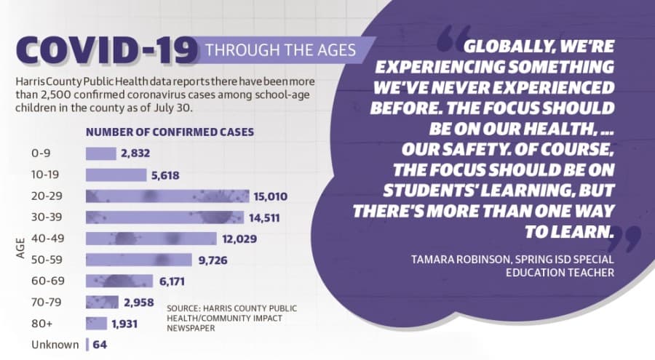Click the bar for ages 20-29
(167, 196)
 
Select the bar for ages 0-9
(101, 153)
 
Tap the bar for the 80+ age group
(96, 323)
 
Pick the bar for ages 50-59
(139, 260)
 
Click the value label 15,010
(270, 196)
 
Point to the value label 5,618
(165, 175)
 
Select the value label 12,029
(239, 239)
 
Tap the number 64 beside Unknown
(100, 345)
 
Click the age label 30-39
(47, 217)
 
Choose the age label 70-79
(46, 302)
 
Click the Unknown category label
(55, 345)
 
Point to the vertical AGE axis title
(20, 248)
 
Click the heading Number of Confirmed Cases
(170, 132)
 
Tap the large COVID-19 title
(106, 50)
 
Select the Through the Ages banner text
(281, 50)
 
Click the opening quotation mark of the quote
(453, 39)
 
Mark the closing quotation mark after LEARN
(627, 239)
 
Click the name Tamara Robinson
(461, 260)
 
